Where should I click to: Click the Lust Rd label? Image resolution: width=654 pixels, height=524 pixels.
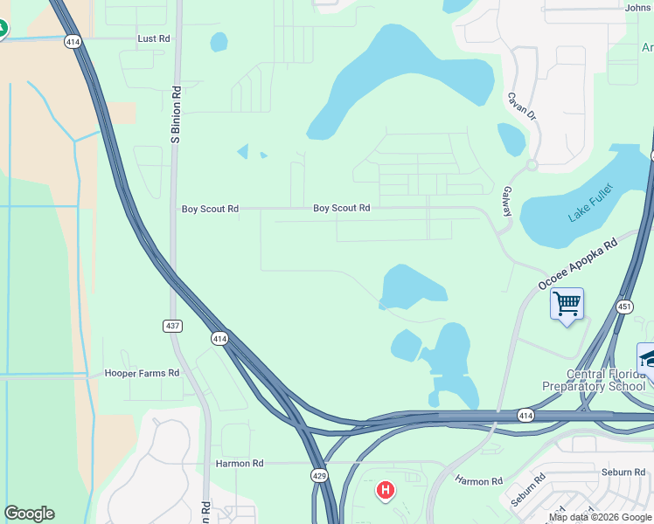[x=154, y=39]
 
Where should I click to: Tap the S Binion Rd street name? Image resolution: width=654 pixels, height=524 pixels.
[x=176, y=114]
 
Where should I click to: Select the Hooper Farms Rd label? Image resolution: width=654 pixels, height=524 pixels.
[x=142, y=373]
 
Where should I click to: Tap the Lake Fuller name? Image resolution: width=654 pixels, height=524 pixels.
[x=591, y=203]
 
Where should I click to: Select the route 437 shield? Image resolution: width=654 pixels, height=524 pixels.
[x=172, y=326]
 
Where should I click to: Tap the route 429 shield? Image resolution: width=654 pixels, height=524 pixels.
[x=319, y=474]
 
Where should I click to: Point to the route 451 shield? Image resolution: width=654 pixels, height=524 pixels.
[x=623, y=306]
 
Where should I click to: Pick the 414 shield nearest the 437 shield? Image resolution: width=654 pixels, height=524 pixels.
[x=219, y=338]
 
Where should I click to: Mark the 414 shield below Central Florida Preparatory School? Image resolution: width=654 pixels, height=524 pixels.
[x=525, y=415]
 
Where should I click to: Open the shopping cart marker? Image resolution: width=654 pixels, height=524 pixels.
[x=567, y=305]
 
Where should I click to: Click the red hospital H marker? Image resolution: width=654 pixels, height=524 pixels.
[x=384, y=491]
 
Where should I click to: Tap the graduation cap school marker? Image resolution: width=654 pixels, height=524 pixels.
[x=648, y=358]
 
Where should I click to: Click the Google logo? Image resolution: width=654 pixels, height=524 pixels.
[x=29, y=514]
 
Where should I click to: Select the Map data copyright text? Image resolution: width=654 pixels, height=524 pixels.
[x=601, y=517]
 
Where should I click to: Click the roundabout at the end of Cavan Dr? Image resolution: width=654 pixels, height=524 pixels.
[x=531, y=164]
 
